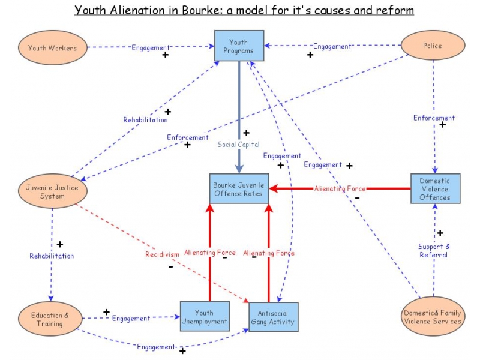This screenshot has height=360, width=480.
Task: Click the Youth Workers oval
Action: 52,48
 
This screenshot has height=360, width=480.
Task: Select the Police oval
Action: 432,46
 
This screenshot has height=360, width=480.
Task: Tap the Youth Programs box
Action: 239,46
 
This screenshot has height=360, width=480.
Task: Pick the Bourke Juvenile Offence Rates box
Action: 239,190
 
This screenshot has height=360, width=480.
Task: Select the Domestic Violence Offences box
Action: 435,189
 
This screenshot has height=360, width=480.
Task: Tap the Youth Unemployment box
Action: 204,317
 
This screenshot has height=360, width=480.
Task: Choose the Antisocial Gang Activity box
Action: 273,317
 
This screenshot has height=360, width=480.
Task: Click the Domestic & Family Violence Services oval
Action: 432,317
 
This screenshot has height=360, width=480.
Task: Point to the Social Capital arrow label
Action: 238,145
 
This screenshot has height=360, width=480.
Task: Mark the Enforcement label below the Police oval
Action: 434,118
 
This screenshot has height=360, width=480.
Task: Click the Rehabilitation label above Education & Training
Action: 52,256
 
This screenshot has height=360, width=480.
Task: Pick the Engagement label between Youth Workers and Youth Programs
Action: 151,47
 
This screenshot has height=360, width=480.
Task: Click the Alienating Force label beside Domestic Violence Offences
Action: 340,188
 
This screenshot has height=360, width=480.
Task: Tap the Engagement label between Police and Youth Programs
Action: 332,46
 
